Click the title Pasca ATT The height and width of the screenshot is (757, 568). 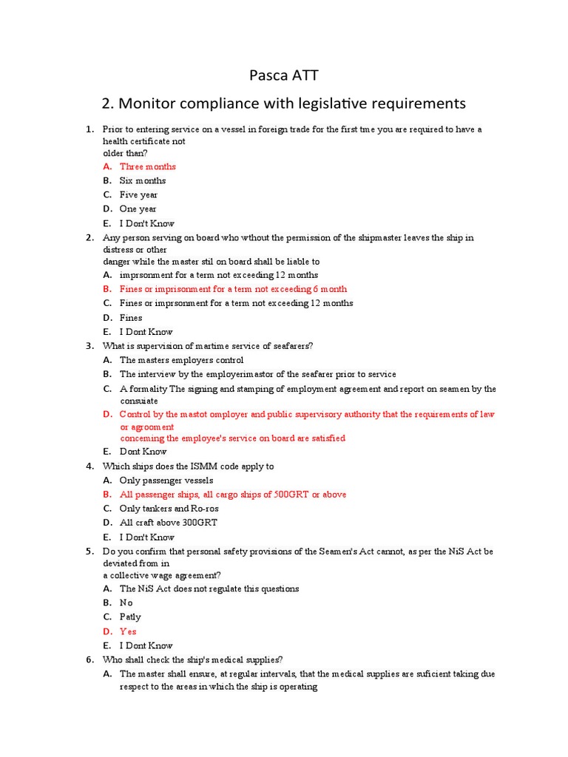click(283, 75)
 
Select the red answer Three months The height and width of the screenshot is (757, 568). click(148, 166)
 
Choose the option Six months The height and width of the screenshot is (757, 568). click(143, 180)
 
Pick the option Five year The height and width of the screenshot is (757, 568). click(138, 195)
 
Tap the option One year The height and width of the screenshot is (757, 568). click(138, 209)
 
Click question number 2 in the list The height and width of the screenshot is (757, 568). click(89, 238)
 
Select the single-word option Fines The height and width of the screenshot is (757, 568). click(131, 318)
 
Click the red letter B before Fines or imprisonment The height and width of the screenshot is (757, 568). click(107, 289)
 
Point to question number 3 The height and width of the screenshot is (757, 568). click(89, 346)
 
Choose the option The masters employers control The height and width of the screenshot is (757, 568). click(181, 360)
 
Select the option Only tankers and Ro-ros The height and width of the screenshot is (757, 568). click(169, 509)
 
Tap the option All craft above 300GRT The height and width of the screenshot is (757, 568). click(169, 523)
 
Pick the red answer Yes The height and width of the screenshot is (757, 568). click(128, 631)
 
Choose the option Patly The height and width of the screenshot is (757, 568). click(130, 617)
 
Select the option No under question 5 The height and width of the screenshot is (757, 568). click(126, 602)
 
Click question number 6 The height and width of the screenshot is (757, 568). click(89, 659)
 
